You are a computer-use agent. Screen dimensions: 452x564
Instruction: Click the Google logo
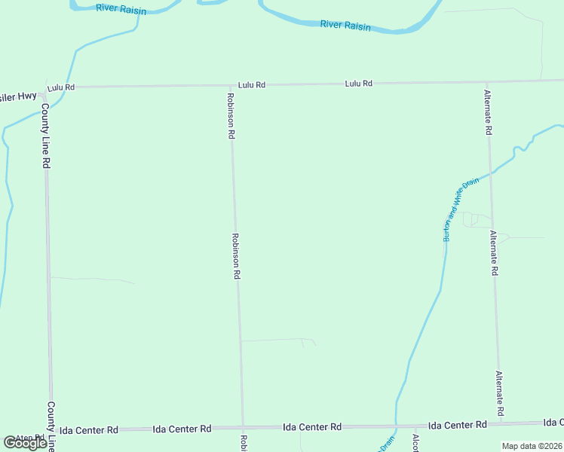[x=25, y=442]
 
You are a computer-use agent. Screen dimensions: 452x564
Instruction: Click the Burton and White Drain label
[x=452, y=210]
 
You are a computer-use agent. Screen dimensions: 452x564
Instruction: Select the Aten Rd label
[x=31, y=438]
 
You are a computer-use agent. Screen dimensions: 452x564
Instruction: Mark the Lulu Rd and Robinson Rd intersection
[x=230, y=86]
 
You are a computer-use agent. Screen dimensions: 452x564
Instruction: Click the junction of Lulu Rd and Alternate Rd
[x=487, y=82]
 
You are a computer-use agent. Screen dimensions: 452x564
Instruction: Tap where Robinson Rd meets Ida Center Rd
[x=243, y=427]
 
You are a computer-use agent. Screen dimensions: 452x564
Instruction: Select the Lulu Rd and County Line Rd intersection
[x=47, y=87]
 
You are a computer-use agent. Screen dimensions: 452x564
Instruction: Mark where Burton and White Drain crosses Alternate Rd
[x=491, y=173]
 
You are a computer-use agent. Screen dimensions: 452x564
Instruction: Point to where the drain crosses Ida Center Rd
[x=396, y=426]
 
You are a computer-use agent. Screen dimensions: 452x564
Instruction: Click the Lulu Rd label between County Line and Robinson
[x=61, y=87]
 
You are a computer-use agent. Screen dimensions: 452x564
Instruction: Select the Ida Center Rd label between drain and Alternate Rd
[x=457, y=425]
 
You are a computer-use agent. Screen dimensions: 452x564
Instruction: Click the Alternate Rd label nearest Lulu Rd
[x=488, y=112]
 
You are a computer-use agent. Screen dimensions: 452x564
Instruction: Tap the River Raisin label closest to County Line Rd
[x=121, y=9]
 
